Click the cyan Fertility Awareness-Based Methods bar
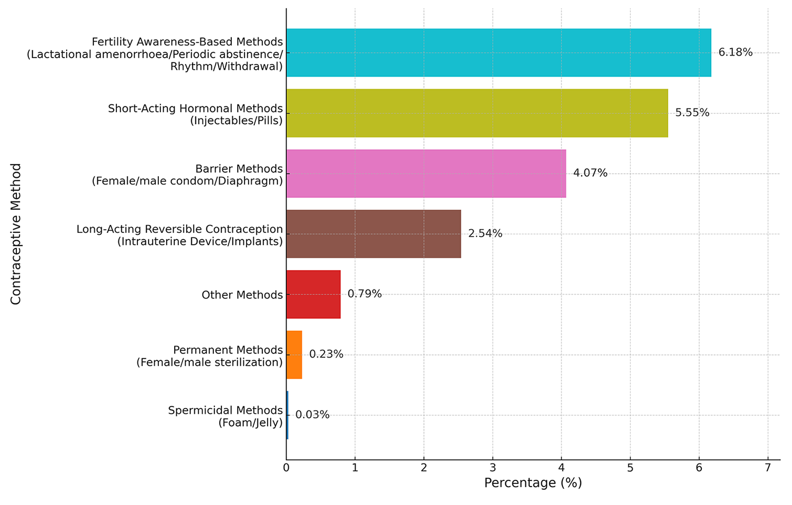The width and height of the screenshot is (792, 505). (x=498, y=52)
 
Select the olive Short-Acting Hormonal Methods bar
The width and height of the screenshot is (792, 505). (x=477, y=113)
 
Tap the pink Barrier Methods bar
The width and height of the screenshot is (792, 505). (x=426, y=174)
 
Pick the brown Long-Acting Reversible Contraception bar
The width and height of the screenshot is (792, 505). (x=373, y=234)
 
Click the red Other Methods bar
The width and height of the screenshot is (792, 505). (x=313, y=294)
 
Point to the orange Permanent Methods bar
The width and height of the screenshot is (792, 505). (x=294, y=355)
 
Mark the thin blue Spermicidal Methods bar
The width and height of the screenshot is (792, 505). (x=287, y=415)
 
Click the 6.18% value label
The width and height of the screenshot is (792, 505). (x=735, y=52)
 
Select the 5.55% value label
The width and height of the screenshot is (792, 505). (x=692, y=113)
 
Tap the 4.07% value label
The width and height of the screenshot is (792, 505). (x=590, y=173)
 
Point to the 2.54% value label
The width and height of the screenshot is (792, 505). (x=485, y=233)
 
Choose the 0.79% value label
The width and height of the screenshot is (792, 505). (x=365, y=294)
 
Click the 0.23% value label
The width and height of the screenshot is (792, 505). (x=326, y=354)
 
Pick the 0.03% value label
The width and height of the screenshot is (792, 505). (x=313, y=415)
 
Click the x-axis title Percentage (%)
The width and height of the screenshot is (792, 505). (x=533, y=483)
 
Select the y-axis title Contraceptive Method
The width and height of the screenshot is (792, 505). (x=16, y=234)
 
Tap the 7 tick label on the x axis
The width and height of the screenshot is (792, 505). (x=768, y=467)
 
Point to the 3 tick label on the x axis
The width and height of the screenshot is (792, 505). (x=493, y=467)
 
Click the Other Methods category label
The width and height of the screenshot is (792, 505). (x=242, y=295)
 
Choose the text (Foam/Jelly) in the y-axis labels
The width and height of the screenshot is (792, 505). (x=251, y=423)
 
